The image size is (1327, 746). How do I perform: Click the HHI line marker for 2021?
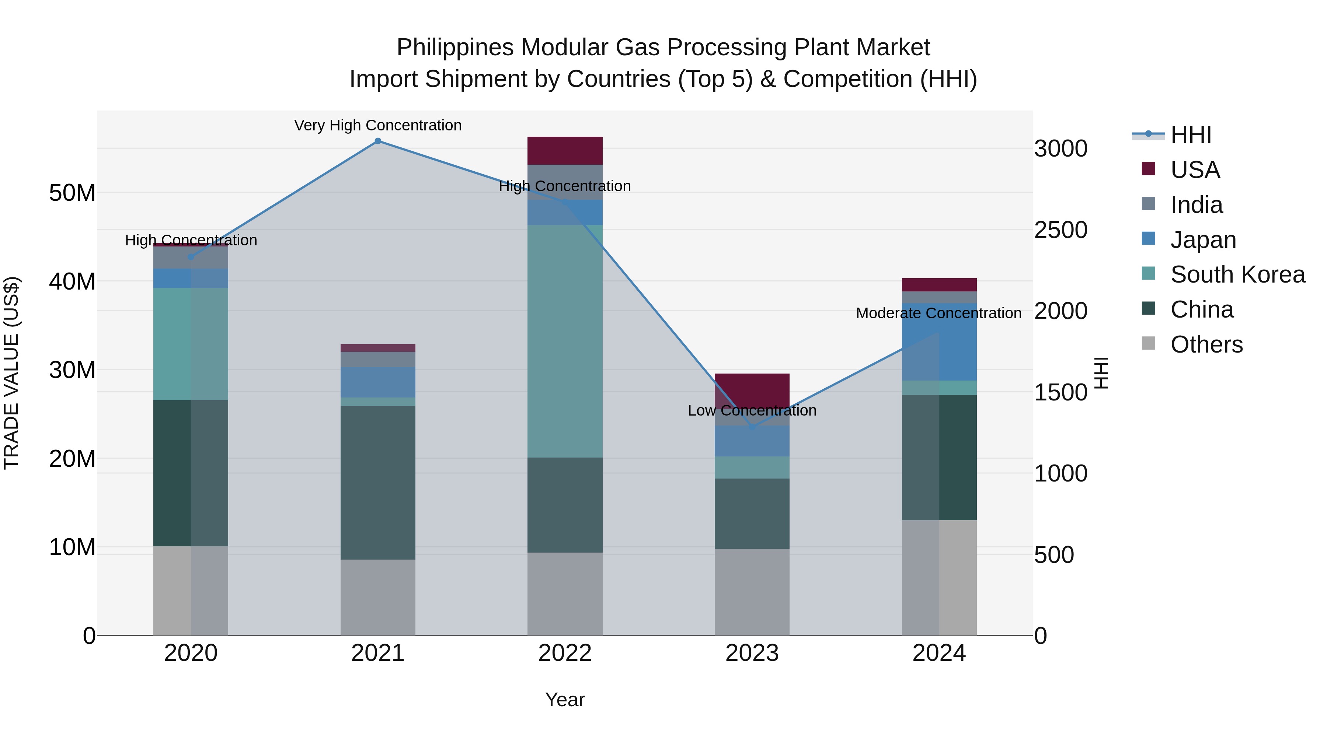tap(377, 141)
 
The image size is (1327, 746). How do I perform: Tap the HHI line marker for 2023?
tap(752, 427)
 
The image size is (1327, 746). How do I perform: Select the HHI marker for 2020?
tap(191, 257)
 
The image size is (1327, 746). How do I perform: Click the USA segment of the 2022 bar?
tap(565, 151)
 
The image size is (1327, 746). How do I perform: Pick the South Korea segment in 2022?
tap(565, 341)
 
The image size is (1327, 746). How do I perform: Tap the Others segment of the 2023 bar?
tap(752, 592)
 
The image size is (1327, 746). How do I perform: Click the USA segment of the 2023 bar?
tap(752, 389)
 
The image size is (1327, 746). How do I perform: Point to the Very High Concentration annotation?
tap(377, 125)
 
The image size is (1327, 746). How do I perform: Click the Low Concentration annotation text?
tap(752, 410)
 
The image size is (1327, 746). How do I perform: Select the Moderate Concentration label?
tap(938, 313)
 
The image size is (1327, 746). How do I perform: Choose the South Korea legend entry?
tap(1237, 274)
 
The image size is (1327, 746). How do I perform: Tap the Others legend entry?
tap(1206, 344)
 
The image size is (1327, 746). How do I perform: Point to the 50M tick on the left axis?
tap(72, 193)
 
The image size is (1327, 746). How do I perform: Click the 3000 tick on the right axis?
tap(1060, 149)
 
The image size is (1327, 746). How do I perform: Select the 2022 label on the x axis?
tap(565, 653)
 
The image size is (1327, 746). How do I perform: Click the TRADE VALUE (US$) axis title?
tap(11, 373)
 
